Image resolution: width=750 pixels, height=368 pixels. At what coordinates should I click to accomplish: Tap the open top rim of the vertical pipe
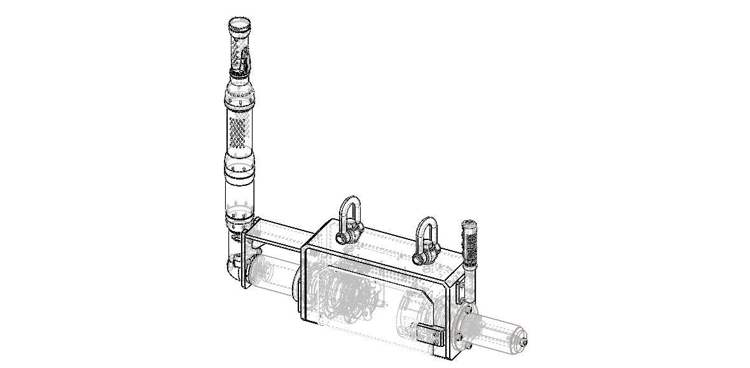[x=240, y=25]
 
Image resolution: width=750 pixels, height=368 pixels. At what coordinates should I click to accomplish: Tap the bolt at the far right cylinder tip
[x=523, y=343]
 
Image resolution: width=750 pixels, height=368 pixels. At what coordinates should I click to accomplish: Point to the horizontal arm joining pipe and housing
[x=280, y=236]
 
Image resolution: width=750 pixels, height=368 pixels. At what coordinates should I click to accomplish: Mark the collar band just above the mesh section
[x=239, y=97]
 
